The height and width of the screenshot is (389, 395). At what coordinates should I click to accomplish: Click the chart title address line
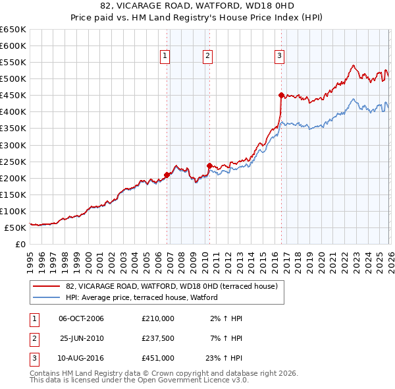pyautogui.click(x=197, y=7)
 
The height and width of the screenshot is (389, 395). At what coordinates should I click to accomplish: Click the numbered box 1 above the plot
pyautogui.click(x=164, y=57)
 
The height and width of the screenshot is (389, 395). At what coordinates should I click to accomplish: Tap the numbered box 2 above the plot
pyautogui.click(x=207, y=57)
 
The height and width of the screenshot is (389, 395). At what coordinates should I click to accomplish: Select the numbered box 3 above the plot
pyautogui.click(x=279, y=57)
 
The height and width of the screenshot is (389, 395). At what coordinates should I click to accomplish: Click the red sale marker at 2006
pyautogui.click(x=167, y=175)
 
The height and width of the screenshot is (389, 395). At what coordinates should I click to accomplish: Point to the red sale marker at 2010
pyautogui.click(x=209, y=165)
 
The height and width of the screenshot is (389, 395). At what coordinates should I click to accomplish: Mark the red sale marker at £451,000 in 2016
pyautogui.click(x=281, y=95)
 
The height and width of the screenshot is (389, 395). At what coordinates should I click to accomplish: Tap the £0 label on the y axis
pyautogui.click(x=19, y=244)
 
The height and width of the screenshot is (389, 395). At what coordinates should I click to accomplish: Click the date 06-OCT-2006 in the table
pyautogui.click(x=81, y=318)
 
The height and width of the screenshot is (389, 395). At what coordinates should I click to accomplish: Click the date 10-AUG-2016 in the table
pyautogui.click(x=81, y=359)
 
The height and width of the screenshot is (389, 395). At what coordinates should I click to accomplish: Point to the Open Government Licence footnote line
pyautogui.click(x=140, y=380)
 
